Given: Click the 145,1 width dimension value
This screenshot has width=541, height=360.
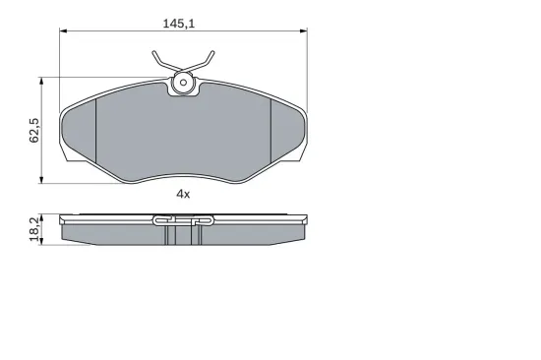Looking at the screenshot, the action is [179, 24].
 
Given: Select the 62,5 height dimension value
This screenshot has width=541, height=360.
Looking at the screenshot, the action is [34, 131].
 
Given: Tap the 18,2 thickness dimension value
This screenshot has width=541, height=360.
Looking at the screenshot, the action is [34, 229].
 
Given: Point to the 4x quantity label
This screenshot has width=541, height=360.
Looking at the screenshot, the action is [183, 195].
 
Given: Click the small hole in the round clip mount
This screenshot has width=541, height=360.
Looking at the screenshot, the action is [183, 83].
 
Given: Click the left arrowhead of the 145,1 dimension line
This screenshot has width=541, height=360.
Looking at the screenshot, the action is [63, 31].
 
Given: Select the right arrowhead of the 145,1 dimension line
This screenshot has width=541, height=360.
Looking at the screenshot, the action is [304, 31].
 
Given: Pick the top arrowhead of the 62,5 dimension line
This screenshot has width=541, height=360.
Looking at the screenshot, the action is [41, 81].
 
